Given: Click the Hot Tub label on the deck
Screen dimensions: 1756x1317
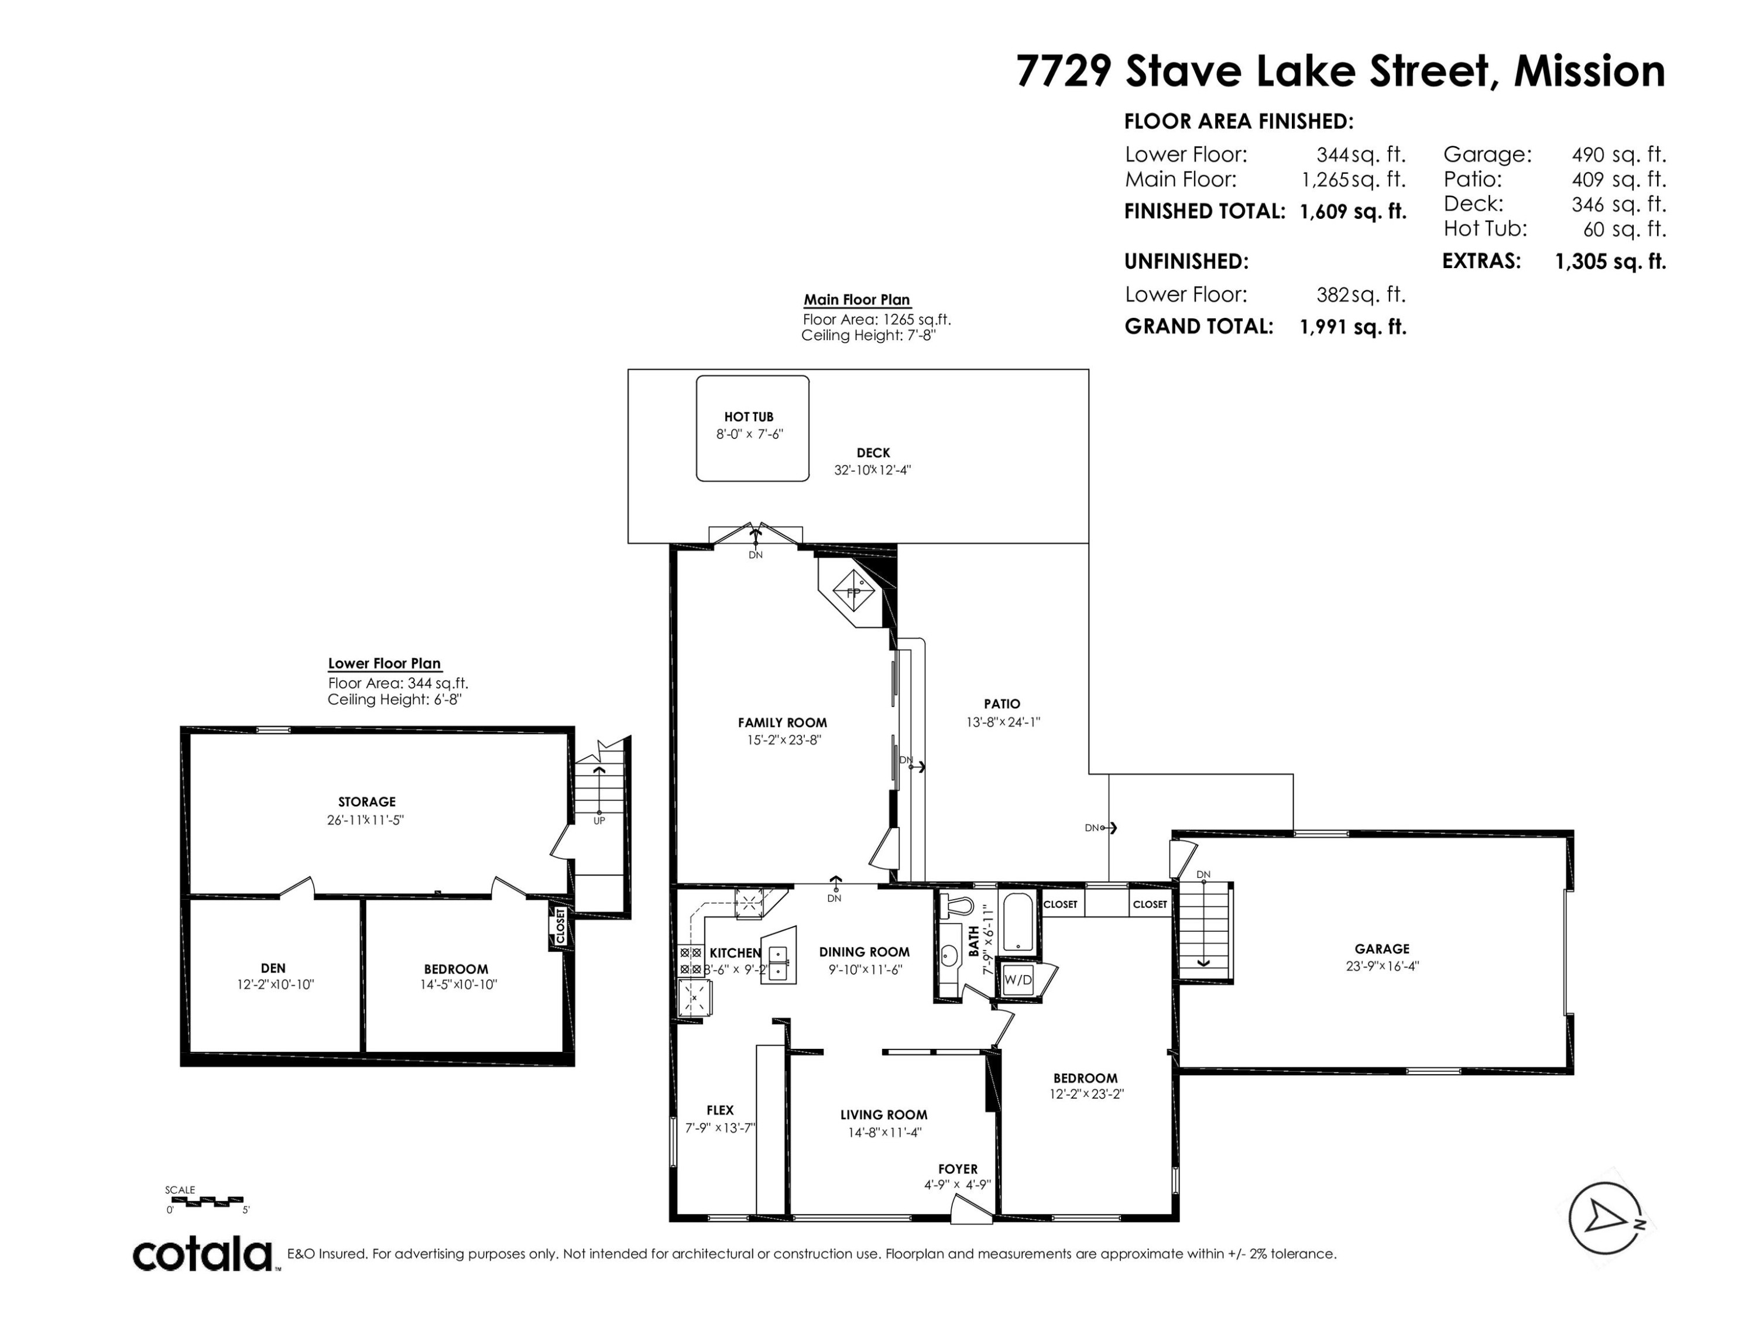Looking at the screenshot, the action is pyautogui.click(x=749, y=417).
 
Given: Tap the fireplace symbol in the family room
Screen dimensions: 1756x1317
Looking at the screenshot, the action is pyautogui.click(x=853, y=591).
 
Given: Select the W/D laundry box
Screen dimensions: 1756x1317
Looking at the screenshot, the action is pyautogui.click(x=1018, y=980).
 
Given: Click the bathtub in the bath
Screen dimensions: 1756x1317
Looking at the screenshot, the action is pyautogui.click(x=1018, y=922).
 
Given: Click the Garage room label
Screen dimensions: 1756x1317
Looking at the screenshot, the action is pyautogui.click(x=1382, y=949).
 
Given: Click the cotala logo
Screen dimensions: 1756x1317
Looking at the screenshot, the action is pyautogui.click(x=203, y=1255).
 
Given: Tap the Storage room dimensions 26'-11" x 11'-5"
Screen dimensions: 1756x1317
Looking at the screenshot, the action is pyautogui.click(x=366, y=819).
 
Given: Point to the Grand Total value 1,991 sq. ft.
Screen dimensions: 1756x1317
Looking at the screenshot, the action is pyautogui.click(x=1353, y=326).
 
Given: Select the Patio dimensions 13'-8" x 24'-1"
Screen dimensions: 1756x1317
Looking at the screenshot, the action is pyautogui.click(x=1003, y=722).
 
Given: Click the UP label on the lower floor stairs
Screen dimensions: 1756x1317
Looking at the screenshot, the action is pyautogui.click(x=599, y=821).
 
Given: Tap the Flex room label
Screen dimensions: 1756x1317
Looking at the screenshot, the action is pyautogui.click(x=720, y=1110).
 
